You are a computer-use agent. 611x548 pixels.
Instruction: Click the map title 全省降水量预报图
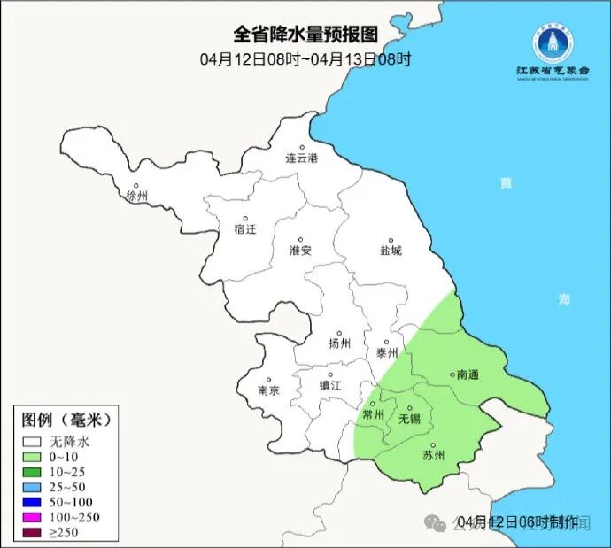click(305, 35)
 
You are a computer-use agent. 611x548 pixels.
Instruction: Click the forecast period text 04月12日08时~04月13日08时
click(305, 59)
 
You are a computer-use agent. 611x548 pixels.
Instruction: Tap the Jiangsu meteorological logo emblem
click(552, 41)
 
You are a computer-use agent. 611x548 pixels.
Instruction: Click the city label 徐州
click(137, 196)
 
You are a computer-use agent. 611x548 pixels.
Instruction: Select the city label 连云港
click(301, 158)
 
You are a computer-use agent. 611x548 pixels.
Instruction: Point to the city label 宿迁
click(245, 229)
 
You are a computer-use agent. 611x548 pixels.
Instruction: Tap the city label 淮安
click(301, 251)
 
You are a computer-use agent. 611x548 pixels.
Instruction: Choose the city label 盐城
click(391, 251)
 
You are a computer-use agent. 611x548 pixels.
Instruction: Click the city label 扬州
click(339, 344)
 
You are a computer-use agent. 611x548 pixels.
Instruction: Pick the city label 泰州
click(387, 352)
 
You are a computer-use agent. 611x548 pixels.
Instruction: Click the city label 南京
click(268, 390)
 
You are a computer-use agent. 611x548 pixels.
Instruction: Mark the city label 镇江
click(330, 385)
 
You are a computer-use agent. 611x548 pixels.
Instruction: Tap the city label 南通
click(467, 375)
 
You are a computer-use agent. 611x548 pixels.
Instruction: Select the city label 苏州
click(433, 456)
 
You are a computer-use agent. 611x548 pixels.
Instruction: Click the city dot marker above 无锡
click(409, 408)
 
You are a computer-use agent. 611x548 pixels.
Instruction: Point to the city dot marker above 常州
click(372, 404)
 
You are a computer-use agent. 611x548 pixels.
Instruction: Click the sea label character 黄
click(505, 184)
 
